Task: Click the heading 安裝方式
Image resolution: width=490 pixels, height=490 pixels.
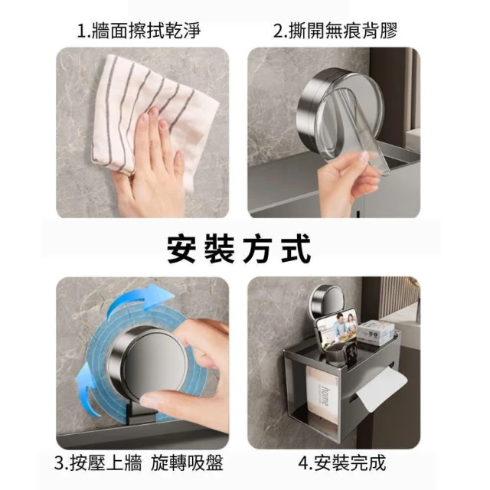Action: (x=239, y=249)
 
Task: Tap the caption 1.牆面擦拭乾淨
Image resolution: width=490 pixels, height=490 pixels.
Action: (x=139, y=31)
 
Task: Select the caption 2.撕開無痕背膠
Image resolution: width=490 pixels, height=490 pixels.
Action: (x=335, y=31)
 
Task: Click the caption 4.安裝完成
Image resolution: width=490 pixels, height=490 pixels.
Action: (x=342, y=462)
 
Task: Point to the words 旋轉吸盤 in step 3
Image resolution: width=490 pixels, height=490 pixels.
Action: (x=187, y=462)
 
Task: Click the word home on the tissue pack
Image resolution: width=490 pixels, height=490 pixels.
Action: (x=325, y=397)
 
